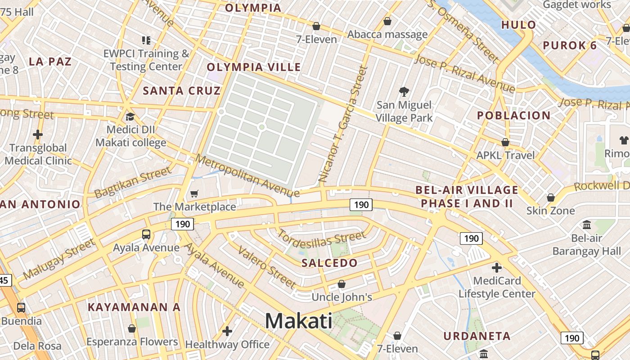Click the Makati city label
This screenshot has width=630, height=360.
(298, 321)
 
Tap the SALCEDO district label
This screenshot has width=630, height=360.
(329, 263)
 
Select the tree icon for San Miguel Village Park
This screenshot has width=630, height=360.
(404, 92)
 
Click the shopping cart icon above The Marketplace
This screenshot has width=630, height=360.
(194, 193)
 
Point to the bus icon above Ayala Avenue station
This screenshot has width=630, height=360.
(146, 234)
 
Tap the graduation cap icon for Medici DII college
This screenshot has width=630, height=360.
(130, 117)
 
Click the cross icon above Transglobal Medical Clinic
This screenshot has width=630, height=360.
(38, 134)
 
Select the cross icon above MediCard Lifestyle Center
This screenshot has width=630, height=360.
(496, 268)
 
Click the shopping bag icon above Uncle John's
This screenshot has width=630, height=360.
(342, 284)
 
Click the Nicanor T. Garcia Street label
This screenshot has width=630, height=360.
(343, 125)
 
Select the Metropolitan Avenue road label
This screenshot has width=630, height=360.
(247, 175)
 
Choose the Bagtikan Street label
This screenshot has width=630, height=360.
(133, 182)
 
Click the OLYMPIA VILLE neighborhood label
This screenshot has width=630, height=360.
(254, 67)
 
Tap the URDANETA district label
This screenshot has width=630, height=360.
(477, 336)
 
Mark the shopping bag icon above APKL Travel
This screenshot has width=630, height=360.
(505, 142)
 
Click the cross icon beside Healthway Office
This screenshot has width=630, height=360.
(227, 331)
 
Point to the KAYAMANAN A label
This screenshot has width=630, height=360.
(134, 307)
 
